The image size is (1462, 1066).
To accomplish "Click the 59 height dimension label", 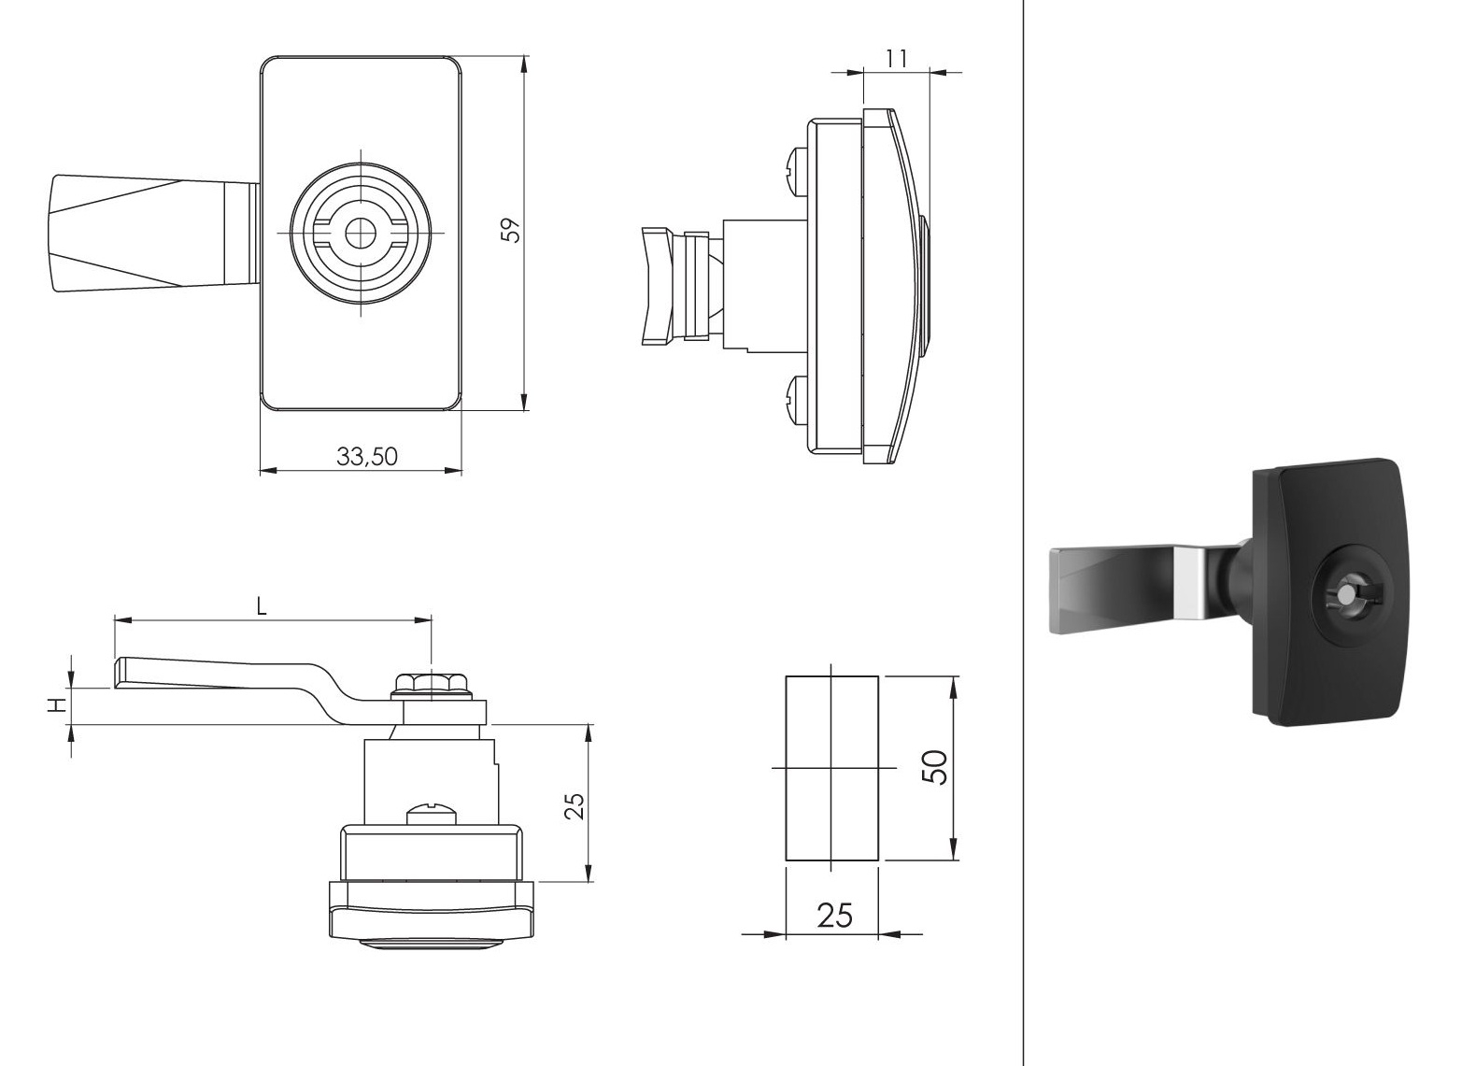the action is coord(512,230).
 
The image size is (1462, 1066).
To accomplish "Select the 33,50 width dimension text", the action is coord(367,456).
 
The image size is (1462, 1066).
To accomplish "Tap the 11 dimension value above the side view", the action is coord(897,60).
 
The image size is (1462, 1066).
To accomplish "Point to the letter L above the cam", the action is coord(262,607).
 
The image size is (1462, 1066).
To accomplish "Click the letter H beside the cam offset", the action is coord(59,705).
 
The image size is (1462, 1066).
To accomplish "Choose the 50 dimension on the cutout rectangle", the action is coord(935,767).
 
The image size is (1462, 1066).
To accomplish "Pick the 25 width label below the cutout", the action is coord(835,916).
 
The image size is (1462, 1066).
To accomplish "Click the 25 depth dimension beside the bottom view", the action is coord(575,806).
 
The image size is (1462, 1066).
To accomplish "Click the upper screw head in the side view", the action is coord(797,171).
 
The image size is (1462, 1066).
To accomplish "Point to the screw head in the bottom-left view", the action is coord(430,816).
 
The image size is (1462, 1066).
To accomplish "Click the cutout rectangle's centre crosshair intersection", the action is coord(830,768).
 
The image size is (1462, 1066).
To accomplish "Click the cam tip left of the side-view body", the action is coord(657,285).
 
